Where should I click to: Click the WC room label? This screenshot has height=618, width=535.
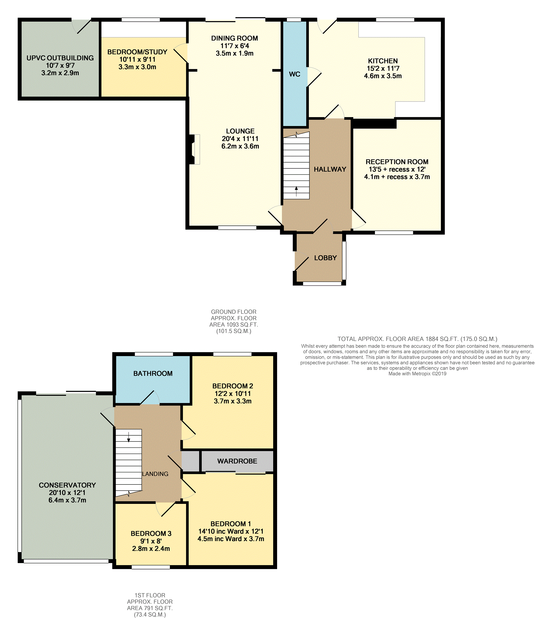pyautogui.click(x=294, y=74)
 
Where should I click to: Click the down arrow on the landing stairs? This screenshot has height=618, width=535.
pyautogui.click(x=129, y=437)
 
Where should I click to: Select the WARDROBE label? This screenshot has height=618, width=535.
pyautogui.click(x=237, y=461)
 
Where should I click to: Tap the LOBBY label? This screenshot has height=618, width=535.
pyautogui.click(x=325, y=258)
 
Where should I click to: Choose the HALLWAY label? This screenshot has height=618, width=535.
pyautogui.click(x=330, y=169)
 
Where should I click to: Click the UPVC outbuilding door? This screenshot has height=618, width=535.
pyautogui.click(x=81, y=26)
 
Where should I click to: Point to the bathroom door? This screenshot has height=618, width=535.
pyautogui.click(x=150, y=398)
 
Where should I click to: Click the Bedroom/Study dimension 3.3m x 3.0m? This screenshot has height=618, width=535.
pyautogui.click(x=137, y=67)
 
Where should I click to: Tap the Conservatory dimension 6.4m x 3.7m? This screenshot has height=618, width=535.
pyautogui.click(x=67, y=500)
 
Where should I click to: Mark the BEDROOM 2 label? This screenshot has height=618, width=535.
pyautogui.click(x=232, y=386)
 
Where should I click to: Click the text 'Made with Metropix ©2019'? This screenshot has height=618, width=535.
pyautogui.click(x=417, y=373)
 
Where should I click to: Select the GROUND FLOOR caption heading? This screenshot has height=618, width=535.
pyautogui.click(x=234, y=312)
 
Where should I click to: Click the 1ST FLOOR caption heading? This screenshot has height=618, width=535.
pyautogui.click(x=150, y=595)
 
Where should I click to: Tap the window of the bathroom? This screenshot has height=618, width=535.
pyautogui.click(x=154, y=354)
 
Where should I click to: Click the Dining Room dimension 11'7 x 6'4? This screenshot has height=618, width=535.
pyautogui.click(x=235, y=46)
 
